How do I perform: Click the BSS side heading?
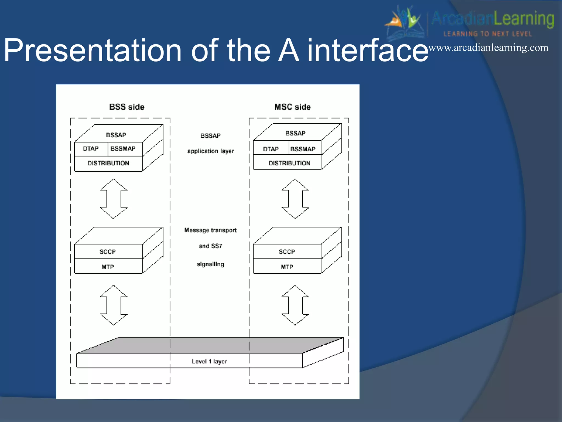127,107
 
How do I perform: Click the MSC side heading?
293,107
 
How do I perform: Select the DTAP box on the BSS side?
91,149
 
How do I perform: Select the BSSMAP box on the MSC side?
303,149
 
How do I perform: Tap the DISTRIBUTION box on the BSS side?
108,163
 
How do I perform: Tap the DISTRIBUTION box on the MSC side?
289,163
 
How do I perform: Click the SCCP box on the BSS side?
108,252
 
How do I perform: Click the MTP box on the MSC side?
287,267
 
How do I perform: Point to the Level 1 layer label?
209,362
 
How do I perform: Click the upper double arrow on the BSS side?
114,199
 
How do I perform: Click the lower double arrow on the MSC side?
295,305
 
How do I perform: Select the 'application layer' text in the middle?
211,151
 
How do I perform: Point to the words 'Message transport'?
210,230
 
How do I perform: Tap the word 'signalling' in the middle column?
210,264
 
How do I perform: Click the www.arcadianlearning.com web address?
488,48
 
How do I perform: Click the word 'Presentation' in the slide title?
92,51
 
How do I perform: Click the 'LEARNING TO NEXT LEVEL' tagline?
488,34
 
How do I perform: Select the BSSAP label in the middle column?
210,136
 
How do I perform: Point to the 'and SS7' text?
210,246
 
